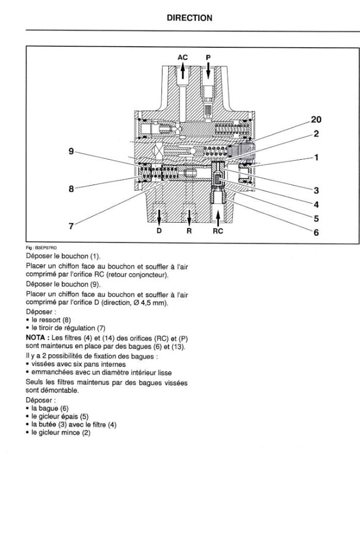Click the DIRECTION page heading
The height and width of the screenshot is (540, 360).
click(190, 18)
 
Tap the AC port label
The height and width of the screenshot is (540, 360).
click(183, 57)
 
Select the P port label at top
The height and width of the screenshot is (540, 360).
click(208, 57)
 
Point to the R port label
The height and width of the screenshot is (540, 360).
click(190, 231)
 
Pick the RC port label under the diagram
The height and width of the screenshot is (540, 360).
click(218, 231)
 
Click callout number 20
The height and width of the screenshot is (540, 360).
click(316, 119)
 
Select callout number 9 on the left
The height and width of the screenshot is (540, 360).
click(71, 151)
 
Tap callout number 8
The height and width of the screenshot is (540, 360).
click(71, 189)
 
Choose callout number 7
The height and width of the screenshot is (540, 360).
click(71, 226)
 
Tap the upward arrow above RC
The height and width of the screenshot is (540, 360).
click(218, 216)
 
